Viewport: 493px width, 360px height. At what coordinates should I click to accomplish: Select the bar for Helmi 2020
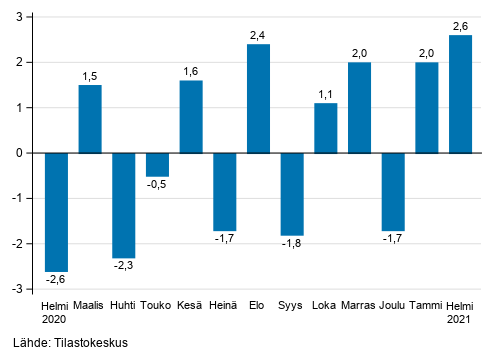[56, 211]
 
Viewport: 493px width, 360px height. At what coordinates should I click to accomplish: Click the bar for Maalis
[90, 119]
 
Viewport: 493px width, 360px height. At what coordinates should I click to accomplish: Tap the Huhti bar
[124, 205]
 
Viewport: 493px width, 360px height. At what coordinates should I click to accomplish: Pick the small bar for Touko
[157, 164]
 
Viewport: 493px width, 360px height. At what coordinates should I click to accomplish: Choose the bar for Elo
[258, 98]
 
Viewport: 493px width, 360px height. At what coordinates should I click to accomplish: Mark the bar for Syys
[292, 193]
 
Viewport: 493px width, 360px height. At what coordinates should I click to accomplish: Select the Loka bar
[326, 128]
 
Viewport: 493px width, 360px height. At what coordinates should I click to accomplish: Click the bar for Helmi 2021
[461, 94]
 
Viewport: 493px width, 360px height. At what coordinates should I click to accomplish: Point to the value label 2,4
[258, 35]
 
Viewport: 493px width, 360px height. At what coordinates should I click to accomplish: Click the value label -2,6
[56, 279]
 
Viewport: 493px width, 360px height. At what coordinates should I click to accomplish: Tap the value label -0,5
[157, 184]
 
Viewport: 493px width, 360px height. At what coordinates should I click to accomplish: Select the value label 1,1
[326, 94]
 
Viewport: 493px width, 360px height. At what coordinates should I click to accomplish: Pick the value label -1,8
[292, 243]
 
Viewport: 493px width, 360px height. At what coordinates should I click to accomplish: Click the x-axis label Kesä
[191, 304]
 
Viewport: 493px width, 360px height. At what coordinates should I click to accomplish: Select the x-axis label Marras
[359, 304]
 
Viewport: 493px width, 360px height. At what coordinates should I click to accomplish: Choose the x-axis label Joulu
[393, 304]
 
